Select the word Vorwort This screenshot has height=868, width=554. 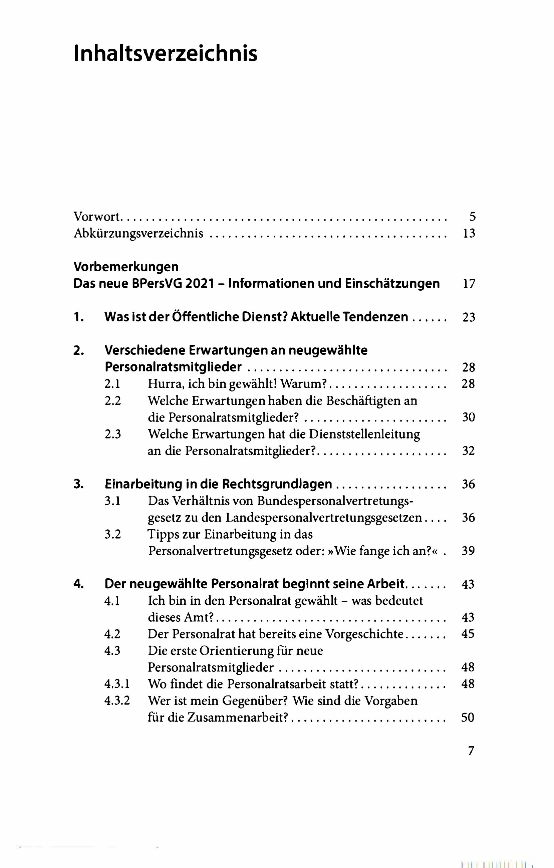(x=96, y=217)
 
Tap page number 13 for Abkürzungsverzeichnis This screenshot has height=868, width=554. (x=469, y=233)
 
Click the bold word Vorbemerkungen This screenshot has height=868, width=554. (x=126, y=267)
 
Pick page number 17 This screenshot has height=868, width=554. (x=469, y=284)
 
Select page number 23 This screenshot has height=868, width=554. (x=469, y=317)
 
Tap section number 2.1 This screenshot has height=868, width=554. (x=112, y=384)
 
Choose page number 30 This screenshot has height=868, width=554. (x=469, y=417)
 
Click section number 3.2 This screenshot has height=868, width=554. (x=112, y=534)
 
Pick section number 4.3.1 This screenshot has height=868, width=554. (x=117, y=684)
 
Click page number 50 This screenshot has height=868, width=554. (x=468, y=717)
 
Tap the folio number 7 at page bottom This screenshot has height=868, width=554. (x=471, y=751)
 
